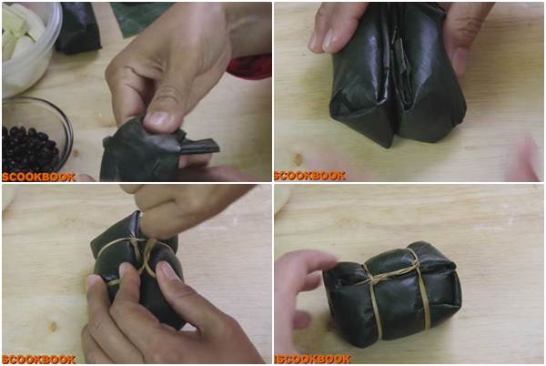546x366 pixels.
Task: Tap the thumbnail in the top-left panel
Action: [157, 118]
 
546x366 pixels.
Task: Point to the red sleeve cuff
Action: [250, 66]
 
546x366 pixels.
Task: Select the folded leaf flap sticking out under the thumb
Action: [199, 146]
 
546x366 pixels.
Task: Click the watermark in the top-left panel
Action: [39, 177]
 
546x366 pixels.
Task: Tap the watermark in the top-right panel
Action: [310, 176]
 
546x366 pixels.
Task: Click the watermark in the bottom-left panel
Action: [39, 359]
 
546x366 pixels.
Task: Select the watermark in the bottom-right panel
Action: [312, 359]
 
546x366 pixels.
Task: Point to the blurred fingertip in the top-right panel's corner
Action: [527, 158]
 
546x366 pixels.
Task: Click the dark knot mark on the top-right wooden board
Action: [298, 159]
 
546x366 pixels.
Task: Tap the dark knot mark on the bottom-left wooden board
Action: [54, 326]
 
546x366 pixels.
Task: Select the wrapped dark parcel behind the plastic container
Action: [78, 28]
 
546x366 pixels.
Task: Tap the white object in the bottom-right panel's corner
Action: [281, 198]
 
